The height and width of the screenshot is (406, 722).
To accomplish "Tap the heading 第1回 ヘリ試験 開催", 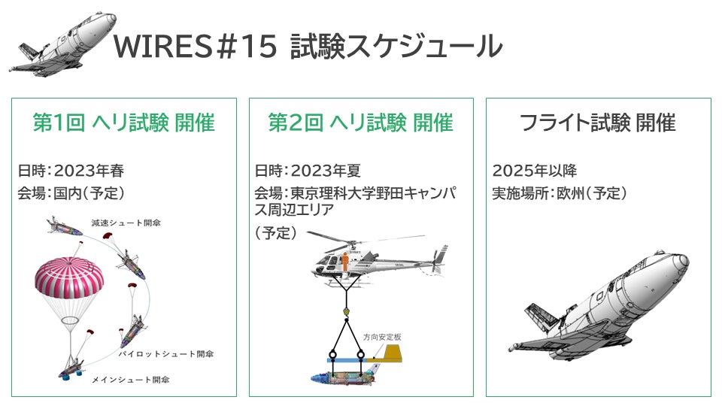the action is point(124,123).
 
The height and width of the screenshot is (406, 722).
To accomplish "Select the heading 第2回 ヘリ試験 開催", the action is point(361,123).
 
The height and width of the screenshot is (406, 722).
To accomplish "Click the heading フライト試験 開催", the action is point(598,123).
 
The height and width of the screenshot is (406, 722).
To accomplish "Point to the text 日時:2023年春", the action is point(71,171).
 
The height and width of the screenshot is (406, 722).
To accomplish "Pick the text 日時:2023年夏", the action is point(308,171).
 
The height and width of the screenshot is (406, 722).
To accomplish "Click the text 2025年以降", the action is point(535,171).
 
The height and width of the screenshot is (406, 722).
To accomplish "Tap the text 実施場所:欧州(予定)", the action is point(560,193).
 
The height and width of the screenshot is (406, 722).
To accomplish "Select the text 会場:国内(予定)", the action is point(71,193).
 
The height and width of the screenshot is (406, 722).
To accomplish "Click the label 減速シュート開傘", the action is point(126,223).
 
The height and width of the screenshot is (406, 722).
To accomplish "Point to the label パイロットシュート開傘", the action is point(165,354).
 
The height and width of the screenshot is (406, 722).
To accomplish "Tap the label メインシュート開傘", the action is point(130,380).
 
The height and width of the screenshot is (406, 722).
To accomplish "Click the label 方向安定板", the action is point(382,338).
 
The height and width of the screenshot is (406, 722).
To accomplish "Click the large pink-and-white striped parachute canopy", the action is point(69,276).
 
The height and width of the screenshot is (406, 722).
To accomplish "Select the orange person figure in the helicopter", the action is point(345,262).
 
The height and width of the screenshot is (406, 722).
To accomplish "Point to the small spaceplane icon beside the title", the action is point(62,44).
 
